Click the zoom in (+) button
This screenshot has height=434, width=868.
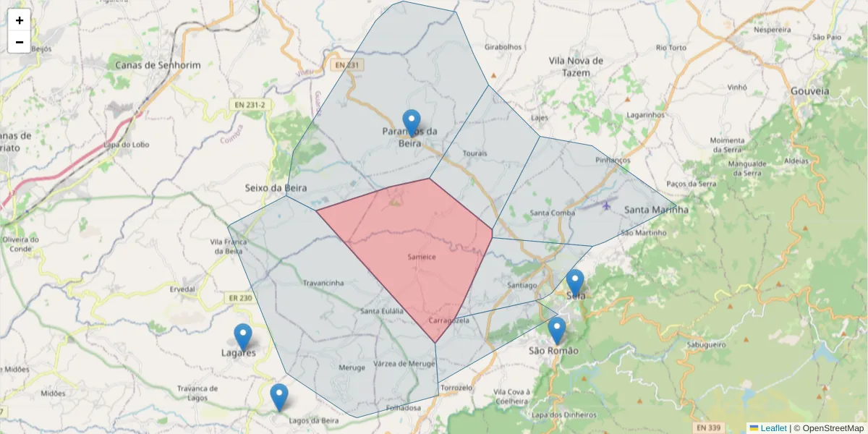coord(20,20)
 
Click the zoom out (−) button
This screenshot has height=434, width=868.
coord(20,42)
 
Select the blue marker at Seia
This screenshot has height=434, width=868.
coord(575,283)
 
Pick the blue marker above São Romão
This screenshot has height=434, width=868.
coord(556,330)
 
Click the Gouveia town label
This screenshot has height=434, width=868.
coord(809,92)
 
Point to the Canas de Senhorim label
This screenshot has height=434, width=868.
coord(158,65)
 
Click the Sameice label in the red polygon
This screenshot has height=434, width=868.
coord(421,257)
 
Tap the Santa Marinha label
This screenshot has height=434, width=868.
coord(656,210)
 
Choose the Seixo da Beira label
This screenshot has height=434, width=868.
coord(276,187)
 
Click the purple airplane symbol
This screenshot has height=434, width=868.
coord(605,205)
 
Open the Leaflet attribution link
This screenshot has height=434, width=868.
coord(773,428)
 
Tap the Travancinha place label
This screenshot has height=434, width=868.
coord(323,283)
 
